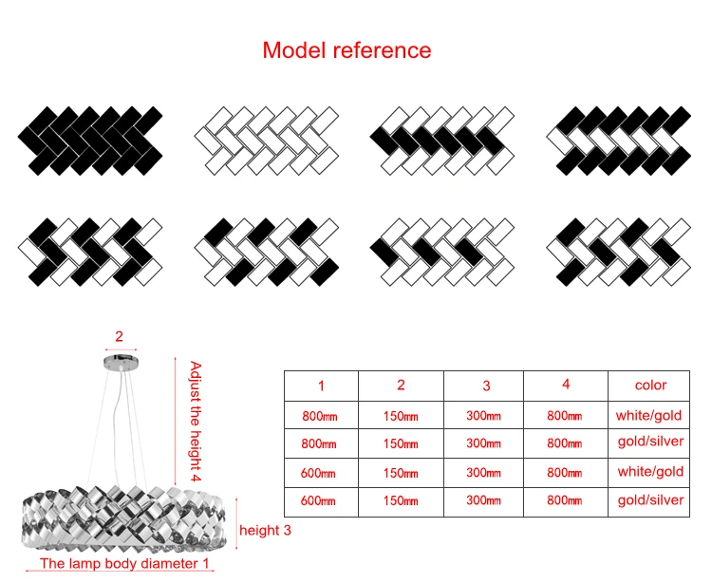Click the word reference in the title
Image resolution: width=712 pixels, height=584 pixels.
pos(382,50)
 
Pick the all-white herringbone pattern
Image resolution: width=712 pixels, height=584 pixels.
pos(266,140)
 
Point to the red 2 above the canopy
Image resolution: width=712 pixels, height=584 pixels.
pos(120,335)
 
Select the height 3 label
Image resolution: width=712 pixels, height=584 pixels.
pos(272,530)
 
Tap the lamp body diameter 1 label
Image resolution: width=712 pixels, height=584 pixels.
pos(124,564)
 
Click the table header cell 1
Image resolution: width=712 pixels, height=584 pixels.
pos(321,386)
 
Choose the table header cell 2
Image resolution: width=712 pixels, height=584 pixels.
pos(401,386)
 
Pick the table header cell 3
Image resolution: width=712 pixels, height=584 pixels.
pos(486,386)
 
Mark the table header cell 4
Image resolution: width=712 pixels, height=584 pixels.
pos(566,385)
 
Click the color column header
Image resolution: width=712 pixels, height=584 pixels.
pos(650,386)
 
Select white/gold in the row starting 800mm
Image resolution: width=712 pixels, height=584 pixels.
pos(650,415)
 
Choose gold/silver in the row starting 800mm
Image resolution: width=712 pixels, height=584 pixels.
pos(650,443)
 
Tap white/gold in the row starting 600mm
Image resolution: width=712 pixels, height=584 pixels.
pos(650,472)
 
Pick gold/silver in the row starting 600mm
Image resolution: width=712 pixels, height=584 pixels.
pos(650,500)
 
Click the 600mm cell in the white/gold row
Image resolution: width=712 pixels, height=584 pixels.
pos(320,472)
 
